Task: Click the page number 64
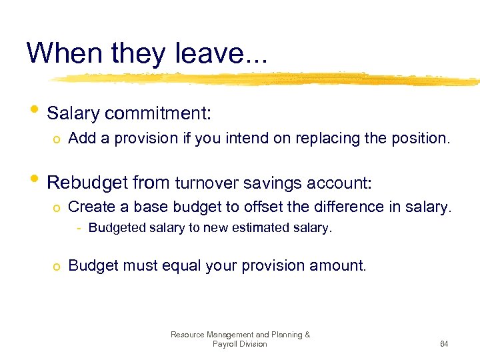coord(443,344)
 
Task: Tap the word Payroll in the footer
coord(224,344)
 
